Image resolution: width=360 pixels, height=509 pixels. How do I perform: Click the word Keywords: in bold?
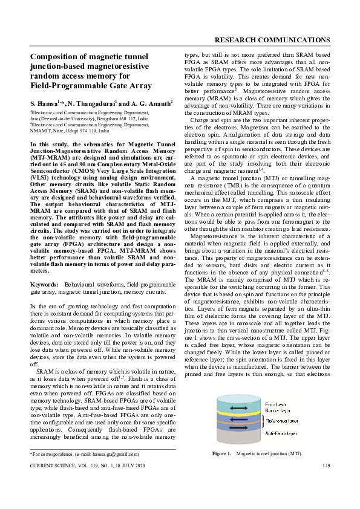click(x=44, y=283)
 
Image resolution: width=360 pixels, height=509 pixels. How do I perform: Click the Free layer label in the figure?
click(x=277, y=403)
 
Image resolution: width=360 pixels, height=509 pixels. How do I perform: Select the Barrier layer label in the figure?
click(x=278, y=410)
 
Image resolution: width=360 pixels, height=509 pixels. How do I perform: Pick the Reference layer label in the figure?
click(x=281, y=418)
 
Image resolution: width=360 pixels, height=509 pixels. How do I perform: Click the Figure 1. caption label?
click(x=221, y=453)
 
